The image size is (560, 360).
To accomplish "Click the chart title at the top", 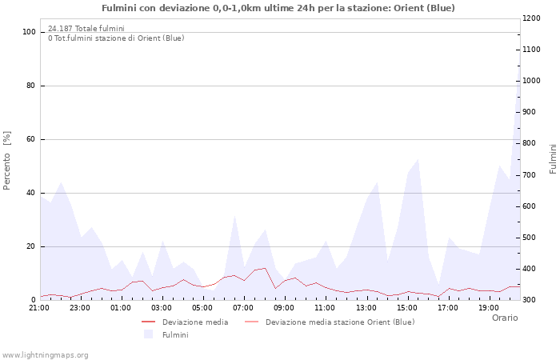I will click(x=278, y=8).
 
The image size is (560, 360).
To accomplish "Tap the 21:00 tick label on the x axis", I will click(x=39, y=307).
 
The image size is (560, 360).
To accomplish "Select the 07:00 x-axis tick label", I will click(x=244, y=307).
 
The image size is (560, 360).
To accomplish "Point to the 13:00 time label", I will click(x=366, y=307).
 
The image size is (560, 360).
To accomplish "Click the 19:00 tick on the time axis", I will click(x=489, y=307).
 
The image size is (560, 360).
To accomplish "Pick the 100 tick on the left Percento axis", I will click(x=30, y=32).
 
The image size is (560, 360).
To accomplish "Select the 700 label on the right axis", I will click(x=530, y=174).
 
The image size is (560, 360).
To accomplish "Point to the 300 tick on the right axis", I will click(x=530, y=300).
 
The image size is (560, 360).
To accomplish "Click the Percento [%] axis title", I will click(x=7, y=161).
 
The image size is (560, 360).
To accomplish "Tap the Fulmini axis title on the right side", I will click(x=553, y=158).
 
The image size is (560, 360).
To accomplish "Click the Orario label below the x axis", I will click(x=504, y=318).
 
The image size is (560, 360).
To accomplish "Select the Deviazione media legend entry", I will click(x=194, y=322).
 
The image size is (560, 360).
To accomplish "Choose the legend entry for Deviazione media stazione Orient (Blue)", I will click(x=339, y=322).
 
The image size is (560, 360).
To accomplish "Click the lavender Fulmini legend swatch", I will click(x=148, y=334).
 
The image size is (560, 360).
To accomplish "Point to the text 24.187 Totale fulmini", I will click(x=86, y=29).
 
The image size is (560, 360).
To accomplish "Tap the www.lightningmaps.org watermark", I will click(x=46, y=354).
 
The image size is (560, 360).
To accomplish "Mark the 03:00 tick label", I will click(x=162, y=307).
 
